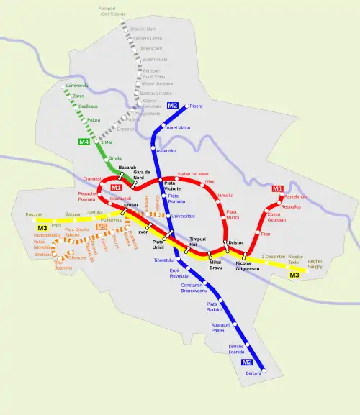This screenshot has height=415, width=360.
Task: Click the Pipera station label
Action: (197, 106)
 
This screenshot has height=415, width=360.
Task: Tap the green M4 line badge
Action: (84, 142)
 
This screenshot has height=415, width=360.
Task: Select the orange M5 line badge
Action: (102, 227)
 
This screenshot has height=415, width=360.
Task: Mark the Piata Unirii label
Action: (163, 245)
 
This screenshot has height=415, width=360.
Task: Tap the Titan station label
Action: (265, 234)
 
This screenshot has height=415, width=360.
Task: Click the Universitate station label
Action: (183, 216)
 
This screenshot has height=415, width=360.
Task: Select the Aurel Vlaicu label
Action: (178, 127)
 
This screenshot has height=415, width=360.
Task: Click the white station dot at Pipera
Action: (185, 106)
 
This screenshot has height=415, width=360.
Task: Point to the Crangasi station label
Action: (91, 178)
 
